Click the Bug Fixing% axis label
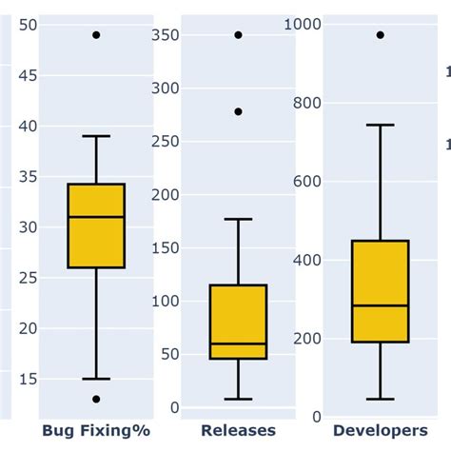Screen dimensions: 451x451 [96, 431]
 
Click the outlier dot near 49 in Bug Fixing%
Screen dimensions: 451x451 [96, 34]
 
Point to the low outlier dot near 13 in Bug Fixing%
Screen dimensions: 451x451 [96, 399]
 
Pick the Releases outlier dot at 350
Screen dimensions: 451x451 [238, 34]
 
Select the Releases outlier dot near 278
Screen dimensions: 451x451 [238, 111]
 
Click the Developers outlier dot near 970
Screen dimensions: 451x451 [380, 34]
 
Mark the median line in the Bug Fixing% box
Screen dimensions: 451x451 [96, 217]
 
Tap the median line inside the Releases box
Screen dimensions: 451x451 [238, 343]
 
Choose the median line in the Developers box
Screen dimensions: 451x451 [380, 305]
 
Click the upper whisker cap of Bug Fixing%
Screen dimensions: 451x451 [96, 136]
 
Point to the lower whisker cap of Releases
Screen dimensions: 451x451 [238, 399]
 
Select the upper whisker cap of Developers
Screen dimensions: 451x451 [380, 125]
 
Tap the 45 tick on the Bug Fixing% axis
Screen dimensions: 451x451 [29, 75]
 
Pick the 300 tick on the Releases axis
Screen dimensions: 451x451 [167, 88]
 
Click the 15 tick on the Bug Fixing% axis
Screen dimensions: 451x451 [29, 379]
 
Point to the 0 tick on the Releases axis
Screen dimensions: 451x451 [174, 408]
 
